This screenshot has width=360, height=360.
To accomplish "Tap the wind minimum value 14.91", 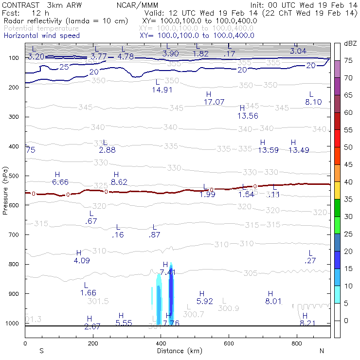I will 162,90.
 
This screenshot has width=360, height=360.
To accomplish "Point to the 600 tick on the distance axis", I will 229,343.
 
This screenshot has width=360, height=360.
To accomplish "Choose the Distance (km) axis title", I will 177,351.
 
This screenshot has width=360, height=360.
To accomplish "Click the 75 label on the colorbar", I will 348,60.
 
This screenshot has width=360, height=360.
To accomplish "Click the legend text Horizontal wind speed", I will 42,36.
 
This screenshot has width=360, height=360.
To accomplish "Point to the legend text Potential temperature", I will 41,28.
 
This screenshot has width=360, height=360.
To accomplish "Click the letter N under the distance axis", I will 322,350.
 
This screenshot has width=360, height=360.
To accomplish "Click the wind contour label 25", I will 64,67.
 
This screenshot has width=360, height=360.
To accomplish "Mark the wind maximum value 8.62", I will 119,182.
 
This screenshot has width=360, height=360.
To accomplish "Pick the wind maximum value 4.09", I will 82,260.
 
